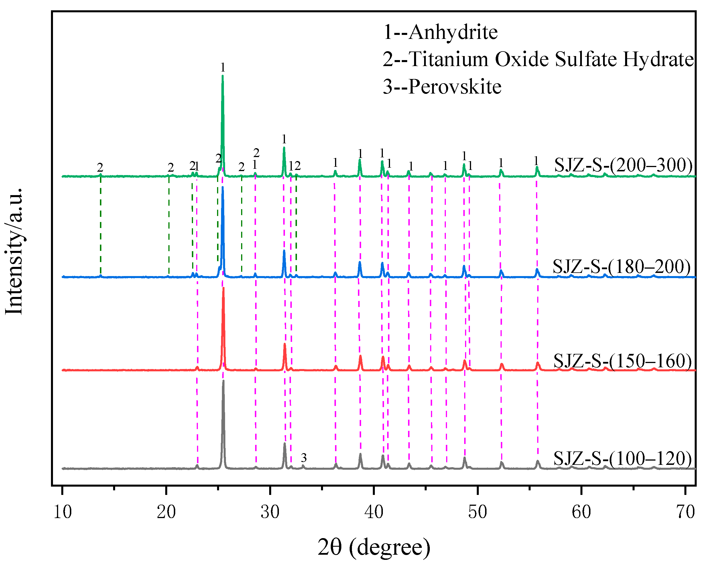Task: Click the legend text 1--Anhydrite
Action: (x=440, y=32)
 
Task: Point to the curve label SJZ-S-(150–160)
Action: (x=623, y=361)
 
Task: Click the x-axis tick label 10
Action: (x=62, y=512)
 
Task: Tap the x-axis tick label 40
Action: (x=374, y=512)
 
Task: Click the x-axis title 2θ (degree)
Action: (x=374, y=547)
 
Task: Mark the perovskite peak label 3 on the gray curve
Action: (x=304, y=458)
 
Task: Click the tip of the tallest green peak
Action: (x=223, y=76)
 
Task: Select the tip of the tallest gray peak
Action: (x=223, y=381)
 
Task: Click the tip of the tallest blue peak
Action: (x=223, y=187)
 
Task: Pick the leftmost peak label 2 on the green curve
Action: (x=100, y=168)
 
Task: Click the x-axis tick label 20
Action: (x=166, y=512)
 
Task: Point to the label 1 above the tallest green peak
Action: (x=223, y=68)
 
